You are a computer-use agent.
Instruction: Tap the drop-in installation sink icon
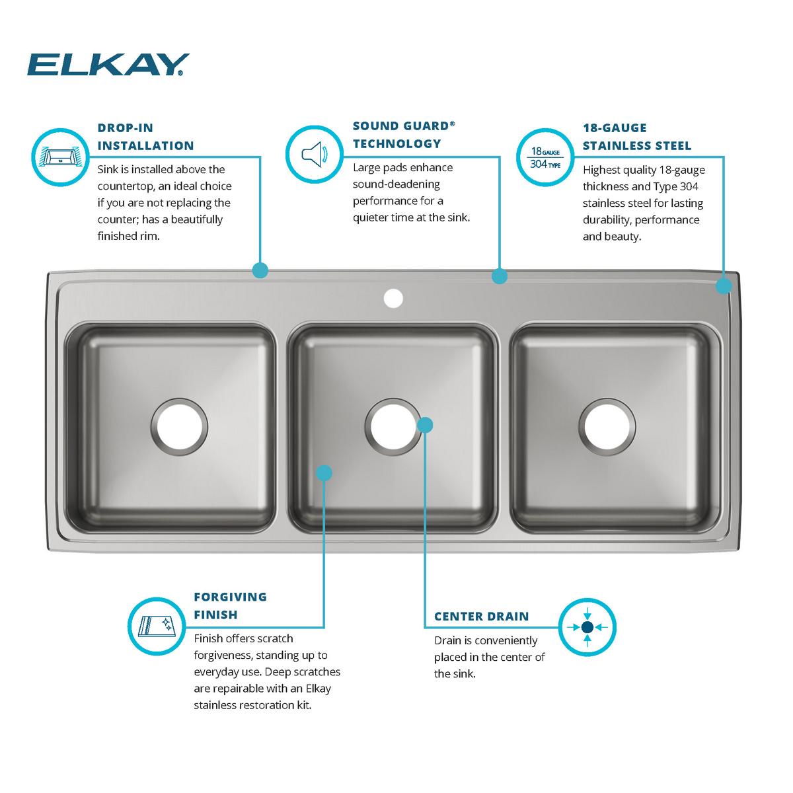(x=60, y=157)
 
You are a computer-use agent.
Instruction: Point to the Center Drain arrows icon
(x=587, y=626)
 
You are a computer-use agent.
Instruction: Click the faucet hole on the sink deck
(x=393, y=299)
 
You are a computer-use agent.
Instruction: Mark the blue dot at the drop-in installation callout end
(x=260, y=270)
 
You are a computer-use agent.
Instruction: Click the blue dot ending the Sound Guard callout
(x=500, y=276)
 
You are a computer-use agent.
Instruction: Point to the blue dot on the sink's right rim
(x=724, y=285)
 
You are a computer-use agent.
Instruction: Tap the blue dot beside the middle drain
(x=426, y=425)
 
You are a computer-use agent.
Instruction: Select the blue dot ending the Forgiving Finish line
(x=324, y=472)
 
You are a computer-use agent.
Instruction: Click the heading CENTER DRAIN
(x=481, y=617)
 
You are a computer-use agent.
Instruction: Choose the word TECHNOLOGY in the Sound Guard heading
(x=397, y=143)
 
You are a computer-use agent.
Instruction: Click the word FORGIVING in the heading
(x=230, y=597)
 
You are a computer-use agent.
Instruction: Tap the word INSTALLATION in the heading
(x=145, y=145)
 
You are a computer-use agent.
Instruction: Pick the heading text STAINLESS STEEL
(x=636, y=145)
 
